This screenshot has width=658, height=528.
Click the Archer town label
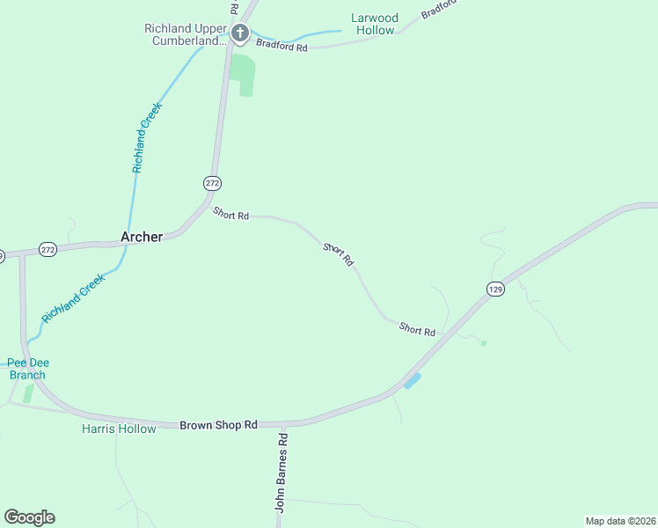point(141,237)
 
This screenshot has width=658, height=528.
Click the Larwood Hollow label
point(375,24)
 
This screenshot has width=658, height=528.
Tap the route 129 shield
point(495,289)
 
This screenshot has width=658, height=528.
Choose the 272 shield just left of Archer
point(48,250)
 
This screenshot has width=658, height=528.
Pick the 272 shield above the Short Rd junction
point(212,183)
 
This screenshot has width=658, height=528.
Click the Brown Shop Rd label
point(218,424)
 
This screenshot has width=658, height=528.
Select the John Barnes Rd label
point(281,472)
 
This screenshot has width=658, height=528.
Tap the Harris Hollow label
point(119,429)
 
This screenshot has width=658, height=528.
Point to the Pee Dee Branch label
point(26,369)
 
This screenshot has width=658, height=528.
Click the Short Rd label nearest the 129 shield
point(417,329)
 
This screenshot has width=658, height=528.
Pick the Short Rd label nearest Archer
point(231,215)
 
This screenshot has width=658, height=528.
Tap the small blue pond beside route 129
point(412,380)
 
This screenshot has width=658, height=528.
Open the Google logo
point(29,517)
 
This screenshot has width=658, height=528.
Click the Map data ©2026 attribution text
point(620,521)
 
